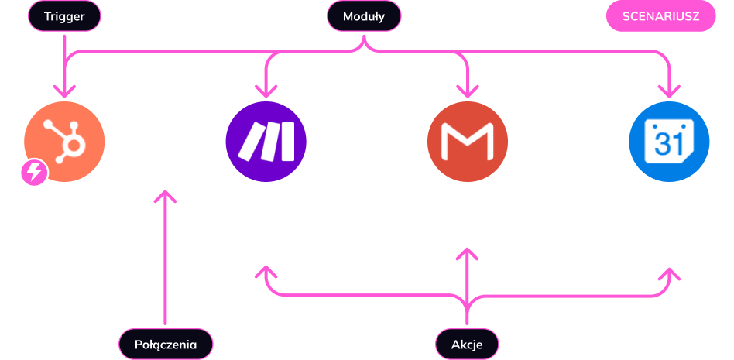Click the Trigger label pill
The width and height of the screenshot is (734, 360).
(64, 15)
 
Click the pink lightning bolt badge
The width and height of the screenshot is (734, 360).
(34, 173)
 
